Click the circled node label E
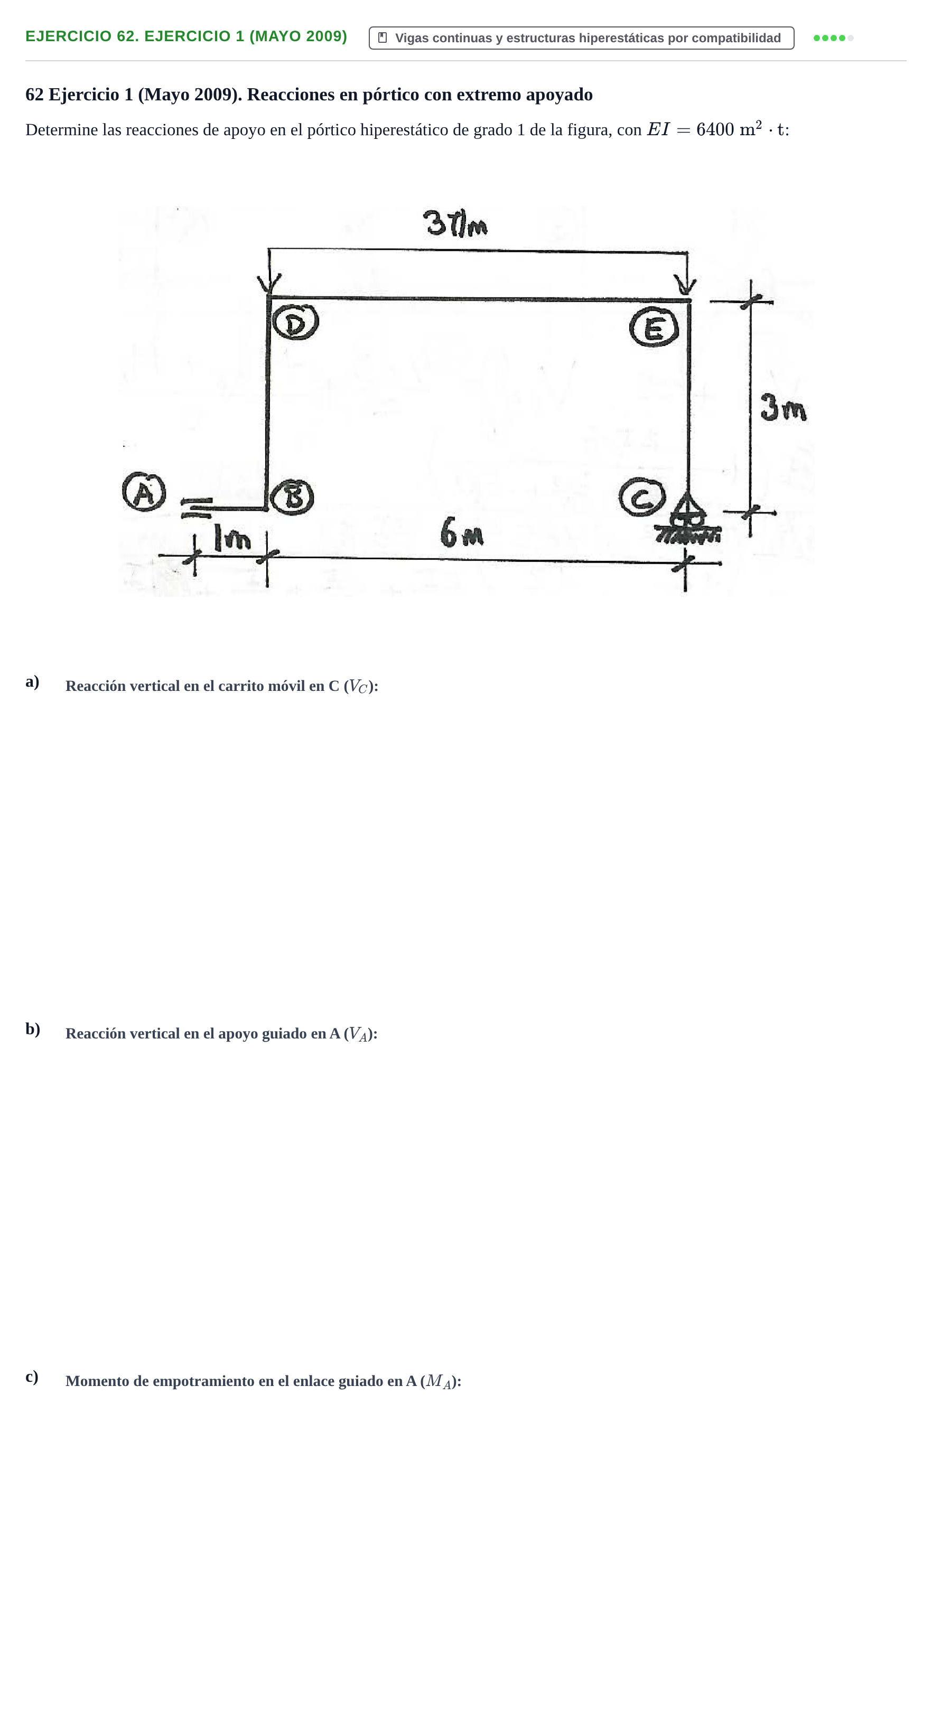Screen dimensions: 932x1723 pyautogui.click(x=654, y=327)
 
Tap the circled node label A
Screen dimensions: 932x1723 pyautogui.click(x=144, y=492)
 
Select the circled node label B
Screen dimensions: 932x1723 pyautogui.click(x=292, y=497)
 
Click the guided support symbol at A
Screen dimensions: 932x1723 pyautogui.click(x=196, y=508)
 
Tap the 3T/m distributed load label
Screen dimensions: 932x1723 pyautogui.click(x=455, y=223)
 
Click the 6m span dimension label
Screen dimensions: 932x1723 pyautogui.click(x=462, y=533)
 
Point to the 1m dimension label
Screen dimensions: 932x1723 pyautogui.click(x=231, y=537)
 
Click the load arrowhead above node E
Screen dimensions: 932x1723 pyautogui.click(x=686, y=286)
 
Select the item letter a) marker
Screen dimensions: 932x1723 pyautogui.click(x=32, y=681)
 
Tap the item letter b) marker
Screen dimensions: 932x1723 pyautogui.click(x=33, y=1029)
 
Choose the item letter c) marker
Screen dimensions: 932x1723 pyautogui.click(x=32, y=1376)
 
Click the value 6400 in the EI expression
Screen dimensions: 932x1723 pyautogui.click(x=714, y=130)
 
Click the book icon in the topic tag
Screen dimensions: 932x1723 pyautogui.click(x=383, y=38)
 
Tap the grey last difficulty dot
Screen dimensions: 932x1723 pyautogui.click(x=851, y=38)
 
